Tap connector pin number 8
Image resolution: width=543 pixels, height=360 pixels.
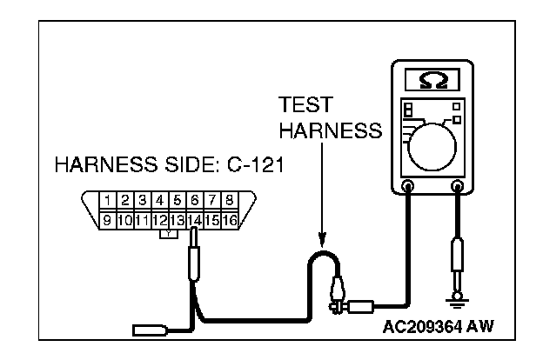[229, 200]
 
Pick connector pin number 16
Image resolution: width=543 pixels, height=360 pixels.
[230, 219]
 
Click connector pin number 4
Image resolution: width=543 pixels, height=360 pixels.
[160, 200]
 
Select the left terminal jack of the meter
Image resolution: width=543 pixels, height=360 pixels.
[407, 184]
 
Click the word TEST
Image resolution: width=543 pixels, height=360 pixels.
[305, 105]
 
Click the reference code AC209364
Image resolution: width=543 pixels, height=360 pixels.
[418, 329]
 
